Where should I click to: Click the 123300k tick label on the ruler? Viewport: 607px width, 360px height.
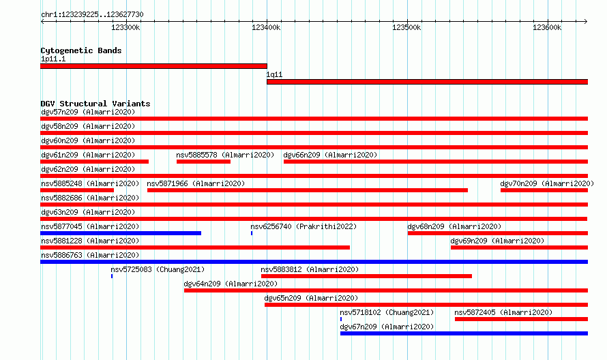click(125, 27)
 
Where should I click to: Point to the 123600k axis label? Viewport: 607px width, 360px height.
click(547, 27)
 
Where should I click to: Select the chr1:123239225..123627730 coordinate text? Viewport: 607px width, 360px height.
click(92, 15)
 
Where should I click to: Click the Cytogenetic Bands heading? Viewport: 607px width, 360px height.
click(81, 50)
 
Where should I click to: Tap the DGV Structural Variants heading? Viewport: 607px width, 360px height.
click(95, 104)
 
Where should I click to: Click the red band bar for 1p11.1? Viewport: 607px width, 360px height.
click(153, 66)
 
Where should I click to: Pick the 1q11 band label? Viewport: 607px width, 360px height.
click(274, 75)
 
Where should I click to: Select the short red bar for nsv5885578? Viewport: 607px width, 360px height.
click(204, 162)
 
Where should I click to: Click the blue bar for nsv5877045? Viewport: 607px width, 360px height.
click(121, 233)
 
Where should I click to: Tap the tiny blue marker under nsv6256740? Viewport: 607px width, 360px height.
click(252, 233)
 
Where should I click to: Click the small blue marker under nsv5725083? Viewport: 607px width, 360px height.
click(112, 276)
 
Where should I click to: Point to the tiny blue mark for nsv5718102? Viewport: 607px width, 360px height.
click(341, 319)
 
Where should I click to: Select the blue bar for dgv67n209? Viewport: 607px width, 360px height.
click(464, 333)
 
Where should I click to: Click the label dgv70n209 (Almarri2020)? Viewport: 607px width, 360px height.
click(547, 183)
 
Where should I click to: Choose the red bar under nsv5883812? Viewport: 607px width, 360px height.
click(367, 276)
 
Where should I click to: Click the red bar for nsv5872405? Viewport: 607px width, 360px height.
click(522, 319)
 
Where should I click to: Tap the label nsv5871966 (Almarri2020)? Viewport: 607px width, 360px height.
click(196, 183)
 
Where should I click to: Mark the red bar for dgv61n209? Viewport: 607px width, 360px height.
click(94, 162)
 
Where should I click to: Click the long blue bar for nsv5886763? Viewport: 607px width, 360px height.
click(314, 262)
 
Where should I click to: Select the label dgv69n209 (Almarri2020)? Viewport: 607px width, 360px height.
click(497, 241)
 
